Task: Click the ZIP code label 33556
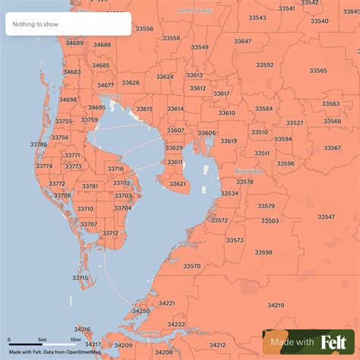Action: (144, 29)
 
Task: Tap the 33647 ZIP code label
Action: (242, 41)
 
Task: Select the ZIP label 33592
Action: (264, 65)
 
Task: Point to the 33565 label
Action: (318, 71)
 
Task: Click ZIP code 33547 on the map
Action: (326, 216)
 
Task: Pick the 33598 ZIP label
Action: (264, 252)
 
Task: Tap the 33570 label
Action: (191, 266)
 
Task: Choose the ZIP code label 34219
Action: (275, 305)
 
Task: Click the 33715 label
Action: (81, 278)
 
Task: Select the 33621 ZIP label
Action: (177, 184)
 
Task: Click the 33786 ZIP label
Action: (38, 144)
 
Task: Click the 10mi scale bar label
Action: (75, 339)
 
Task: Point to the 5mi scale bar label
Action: (43, 339)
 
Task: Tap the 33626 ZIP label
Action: (131, 83)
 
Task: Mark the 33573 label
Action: (235, 240)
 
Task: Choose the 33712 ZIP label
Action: (110, 233)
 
